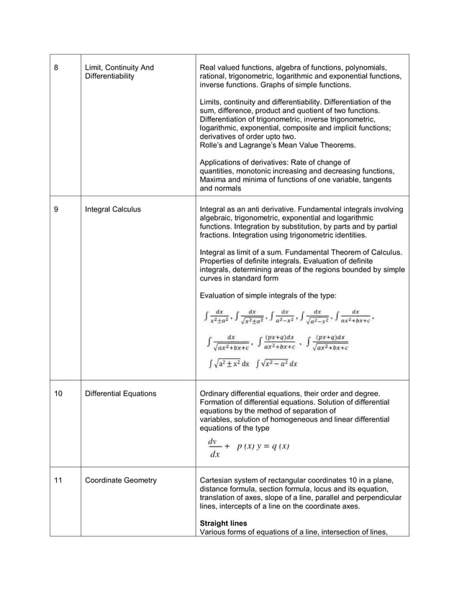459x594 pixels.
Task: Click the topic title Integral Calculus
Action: pos(113,209)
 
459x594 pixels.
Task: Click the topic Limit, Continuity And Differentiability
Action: pos(119,72)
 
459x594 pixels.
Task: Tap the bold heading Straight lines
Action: pos(223,523)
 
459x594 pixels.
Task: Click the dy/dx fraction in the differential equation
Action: pos(214,447)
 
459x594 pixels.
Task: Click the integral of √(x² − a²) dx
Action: pos(277,363)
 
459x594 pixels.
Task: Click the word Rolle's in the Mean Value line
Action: pos(214,145)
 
